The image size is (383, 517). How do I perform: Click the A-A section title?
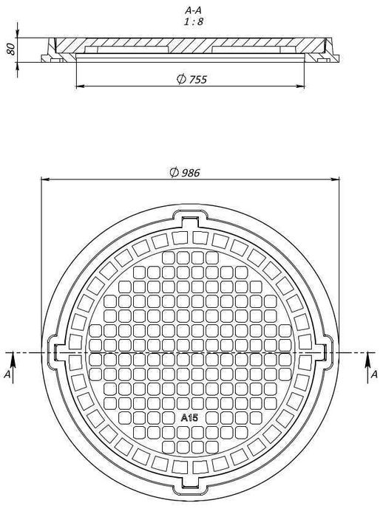coord(193,10)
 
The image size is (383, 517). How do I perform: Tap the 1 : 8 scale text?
coord(194,21)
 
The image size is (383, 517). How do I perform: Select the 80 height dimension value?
coord(10,49)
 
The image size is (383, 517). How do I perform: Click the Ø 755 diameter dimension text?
coord(191,79)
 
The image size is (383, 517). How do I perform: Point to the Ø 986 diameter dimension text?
coord(185,172)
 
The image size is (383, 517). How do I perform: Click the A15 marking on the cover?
coord(189,418)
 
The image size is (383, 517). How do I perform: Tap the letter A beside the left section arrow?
coord(7,374)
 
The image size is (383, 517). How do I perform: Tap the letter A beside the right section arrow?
coord(373,374)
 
